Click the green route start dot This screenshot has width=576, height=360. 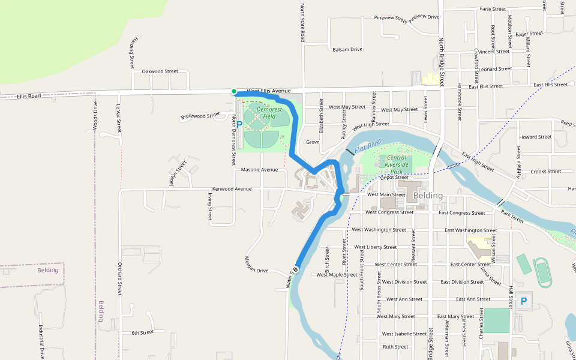click(x=234, y=91)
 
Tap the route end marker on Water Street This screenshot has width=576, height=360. click(x=296, y=268)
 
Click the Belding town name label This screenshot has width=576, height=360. click(x=428, y=196)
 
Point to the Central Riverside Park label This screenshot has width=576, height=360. click(x=397, y=161)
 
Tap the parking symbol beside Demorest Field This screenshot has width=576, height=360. click(x=239, y=125)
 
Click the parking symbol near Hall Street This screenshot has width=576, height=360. click(x=523, y=301)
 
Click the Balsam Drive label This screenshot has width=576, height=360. click(x=347, y=49)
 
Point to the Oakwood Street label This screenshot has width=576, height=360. click(x=160, y=71)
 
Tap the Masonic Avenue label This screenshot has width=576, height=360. click(x=259, y=170)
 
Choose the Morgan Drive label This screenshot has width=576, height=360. click(x=257, y=265)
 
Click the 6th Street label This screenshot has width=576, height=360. click(x=143, y=332)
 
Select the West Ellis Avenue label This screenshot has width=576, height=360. click(x=268, y=91)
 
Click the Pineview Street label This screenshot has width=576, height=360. click(x=391, y=19)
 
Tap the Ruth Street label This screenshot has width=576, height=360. click(x=395, y=347)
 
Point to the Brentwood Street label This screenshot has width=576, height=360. click(x=200, y=115)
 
